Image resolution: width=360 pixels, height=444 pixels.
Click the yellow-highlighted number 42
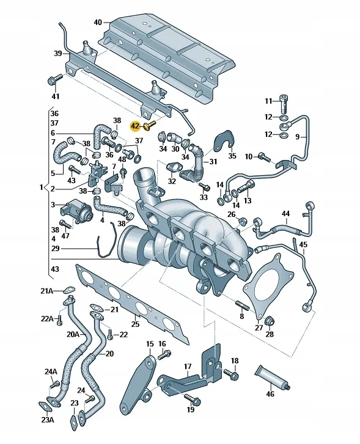tap(135, 126)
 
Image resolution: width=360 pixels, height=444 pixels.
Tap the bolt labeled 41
tap(54, 79)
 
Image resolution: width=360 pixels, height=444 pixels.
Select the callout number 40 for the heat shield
tap(98, 22)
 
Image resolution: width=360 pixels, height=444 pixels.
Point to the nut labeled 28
tap(268, 321)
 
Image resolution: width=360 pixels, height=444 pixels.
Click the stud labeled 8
tap(243, 305)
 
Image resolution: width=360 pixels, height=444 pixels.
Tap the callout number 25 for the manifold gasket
tap(136, 323)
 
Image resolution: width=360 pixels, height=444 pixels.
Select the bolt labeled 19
tap(193, 399)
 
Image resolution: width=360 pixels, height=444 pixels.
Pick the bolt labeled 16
tap(164, 354)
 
